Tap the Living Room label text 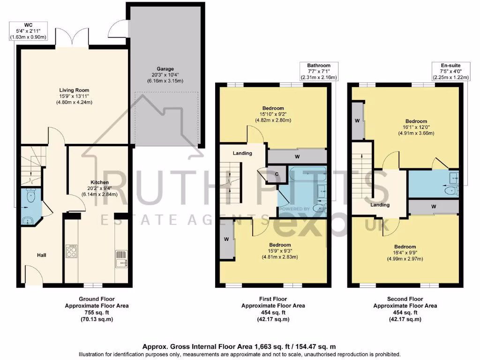[74, 90]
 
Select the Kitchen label [99, 182]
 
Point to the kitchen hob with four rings [72, 252]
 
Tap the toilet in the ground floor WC [30, 196]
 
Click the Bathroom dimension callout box [319, 71]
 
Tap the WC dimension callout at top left [28, 30]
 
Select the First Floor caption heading [273, 299]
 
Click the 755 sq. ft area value [96, 312]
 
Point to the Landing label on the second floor [379, 205]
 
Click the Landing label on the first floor [242, 153]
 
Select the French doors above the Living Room [72, 37]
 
